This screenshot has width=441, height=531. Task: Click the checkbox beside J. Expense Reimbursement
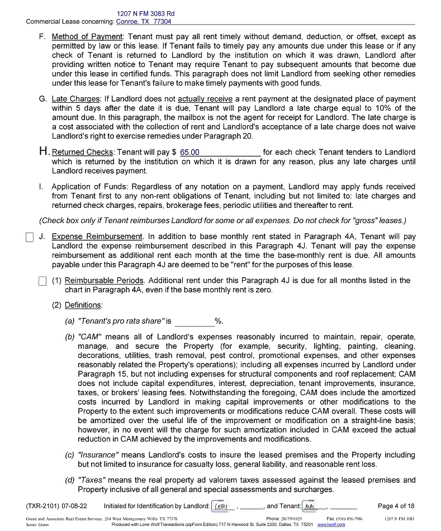[x=30, y=237]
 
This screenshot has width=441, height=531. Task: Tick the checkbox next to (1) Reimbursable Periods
[x=42, y=281]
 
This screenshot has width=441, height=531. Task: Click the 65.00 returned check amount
[x=190, y=152]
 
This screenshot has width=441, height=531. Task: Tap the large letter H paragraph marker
[x=44, y=151]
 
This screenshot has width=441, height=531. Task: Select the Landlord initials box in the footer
[x=223, y=506]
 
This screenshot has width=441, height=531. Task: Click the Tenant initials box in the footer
[x=314, y=506]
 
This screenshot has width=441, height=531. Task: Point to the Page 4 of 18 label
[x=396, y=506]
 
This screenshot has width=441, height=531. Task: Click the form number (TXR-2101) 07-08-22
[x=56, y=506]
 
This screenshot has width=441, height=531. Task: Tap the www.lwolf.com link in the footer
[x=331, y=525]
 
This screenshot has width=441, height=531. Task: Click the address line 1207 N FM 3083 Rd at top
[x=145, y=13]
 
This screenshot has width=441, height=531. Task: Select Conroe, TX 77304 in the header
[x=144, y=22]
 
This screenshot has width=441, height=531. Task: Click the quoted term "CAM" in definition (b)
[x=90, y=337]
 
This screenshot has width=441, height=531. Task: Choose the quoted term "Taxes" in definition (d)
[x=92, y=480]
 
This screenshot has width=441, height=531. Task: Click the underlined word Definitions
[x=83, y=305]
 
